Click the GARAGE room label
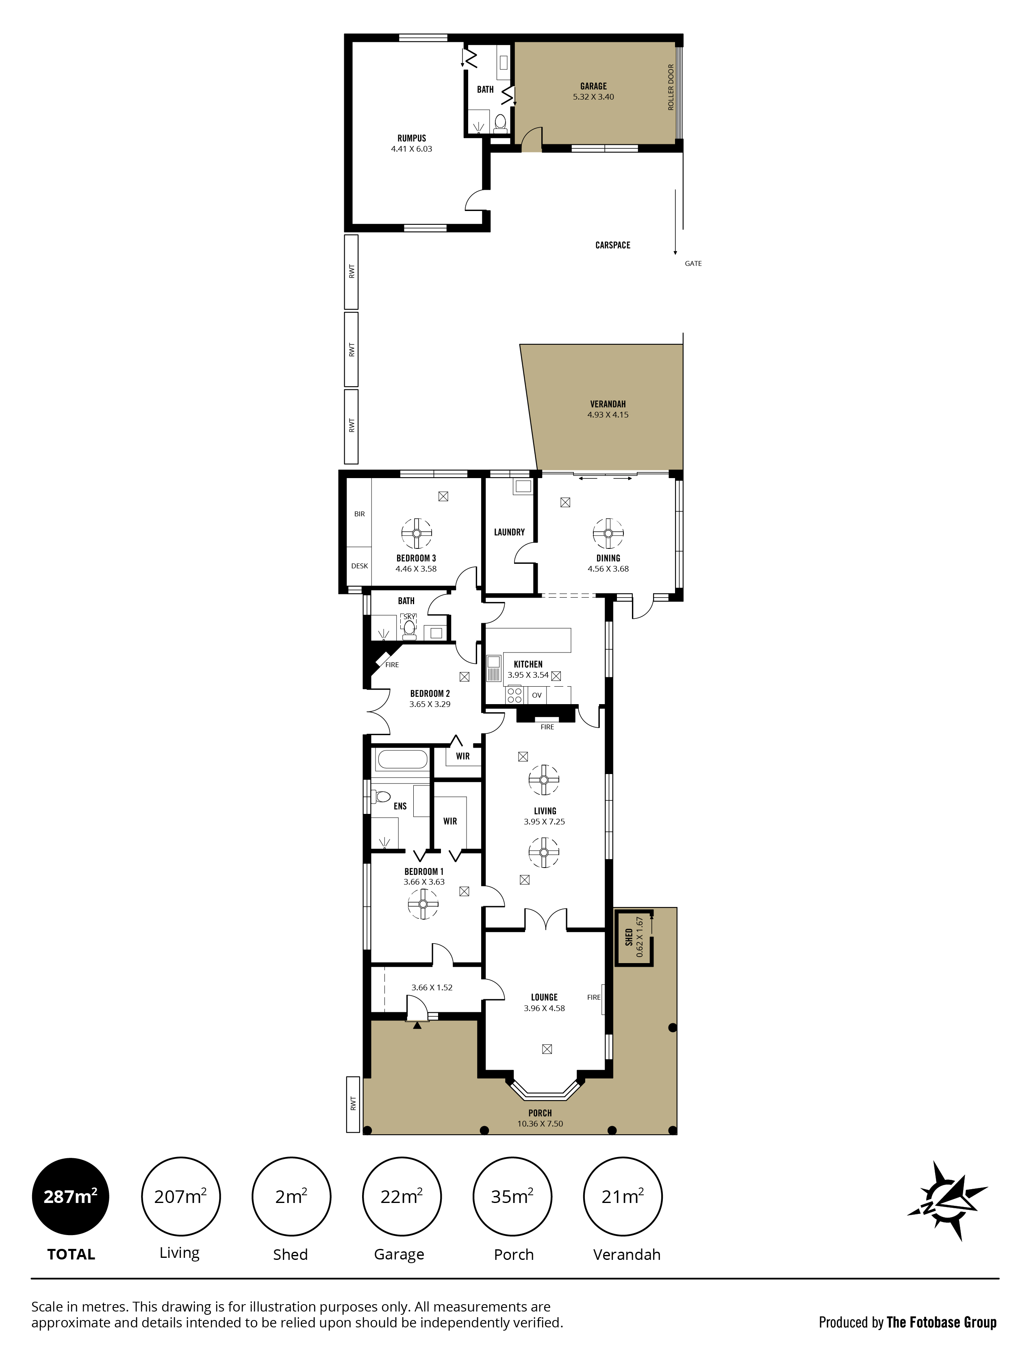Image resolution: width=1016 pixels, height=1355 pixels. point(593,86)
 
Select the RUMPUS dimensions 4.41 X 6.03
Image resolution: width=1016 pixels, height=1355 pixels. point(412,149)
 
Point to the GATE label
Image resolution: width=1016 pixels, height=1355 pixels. point(693,263)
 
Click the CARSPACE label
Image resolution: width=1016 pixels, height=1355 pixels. point(612,245)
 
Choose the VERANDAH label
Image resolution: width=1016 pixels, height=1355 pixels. point(608,404)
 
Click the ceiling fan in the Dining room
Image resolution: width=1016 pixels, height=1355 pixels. point(608,533)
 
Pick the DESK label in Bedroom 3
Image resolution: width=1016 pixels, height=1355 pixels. point(360,566)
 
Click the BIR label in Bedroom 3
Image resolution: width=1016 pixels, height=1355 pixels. point(360,514)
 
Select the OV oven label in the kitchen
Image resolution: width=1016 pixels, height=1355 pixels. point(536,695)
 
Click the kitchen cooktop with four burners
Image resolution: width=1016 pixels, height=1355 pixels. point(515,695)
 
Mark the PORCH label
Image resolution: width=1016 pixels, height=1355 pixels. point(540,1113)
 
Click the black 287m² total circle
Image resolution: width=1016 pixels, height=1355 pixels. point(70,1196)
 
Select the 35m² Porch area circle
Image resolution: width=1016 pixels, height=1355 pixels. point(512,1196)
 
